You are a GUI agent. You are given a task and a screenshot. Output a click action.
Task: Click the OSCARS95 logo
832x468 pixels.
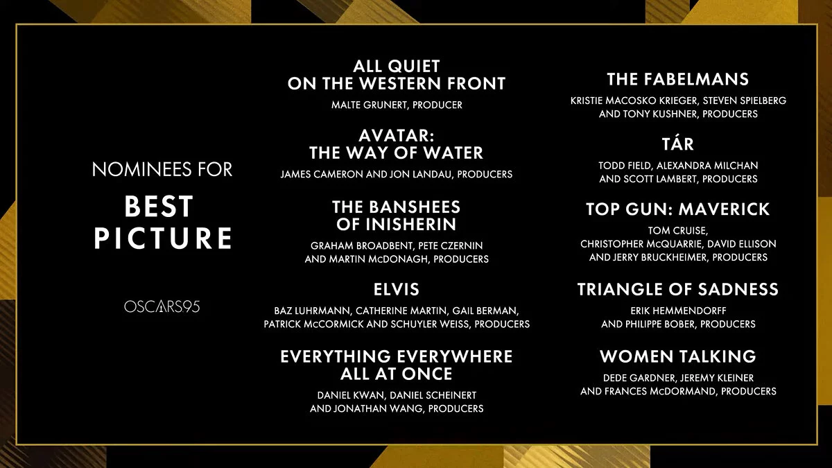(162, 306)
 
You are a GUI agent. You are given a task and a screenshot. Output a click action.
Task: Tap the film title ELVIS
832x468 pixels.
(397, 290)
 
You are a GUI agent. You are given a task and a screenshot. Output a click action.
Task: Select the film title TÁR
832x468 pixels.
(678, 144)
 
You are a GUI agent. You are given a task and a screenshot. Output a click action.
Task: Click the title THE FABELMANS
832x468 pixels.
(678, 79)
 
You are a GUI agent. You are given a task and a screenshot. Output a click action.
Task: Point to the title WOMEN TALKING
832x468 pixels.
(678, 356)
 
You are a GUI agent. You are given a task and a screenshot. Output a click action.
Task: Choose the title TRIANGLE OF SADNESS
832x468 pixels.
(678, 290)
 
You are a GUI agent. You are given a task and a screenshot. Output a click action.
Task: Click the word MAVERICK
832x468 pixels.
(725, 209)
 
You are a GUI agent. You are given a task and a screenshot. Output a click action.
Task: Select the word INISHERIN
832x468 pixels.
(412, 225)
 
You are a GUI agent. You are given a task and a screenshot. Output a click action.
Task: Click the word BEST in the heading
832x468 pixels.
(159, 207)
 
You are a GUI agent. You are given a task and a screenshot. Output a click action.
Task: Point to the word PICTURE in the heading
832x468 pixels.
(163, 238)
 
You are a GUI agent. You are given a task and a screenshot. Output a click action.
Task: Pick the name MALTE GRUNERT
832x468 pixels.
(370, 105)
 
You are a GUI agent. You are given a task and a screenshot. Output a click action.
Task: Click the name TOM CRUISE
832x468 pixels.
(677, 231)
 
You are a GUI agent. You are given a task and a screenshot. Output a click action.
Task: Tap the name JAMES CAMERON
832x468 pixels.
(322, 175)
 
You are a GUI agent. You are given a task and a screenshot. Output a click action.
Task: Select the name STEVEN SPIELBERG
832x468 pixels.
(745, 101)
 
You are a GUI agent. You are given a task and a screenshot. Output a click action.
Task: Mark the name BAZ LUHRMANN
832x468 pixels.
(311, 311)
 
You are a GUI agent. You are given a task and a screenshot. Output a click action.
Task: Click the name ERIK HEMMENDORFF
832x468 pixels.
(678, 311)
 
